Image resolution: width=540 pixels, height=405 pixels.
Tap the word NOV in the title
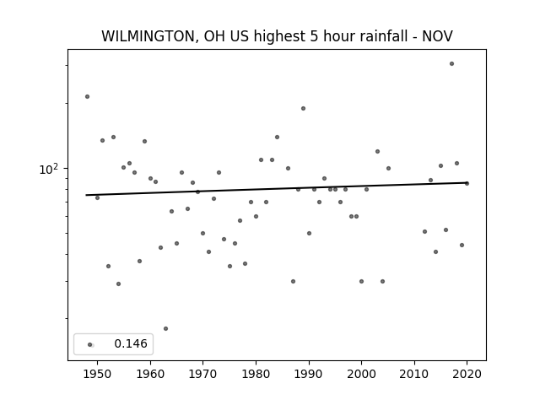click(437, 36)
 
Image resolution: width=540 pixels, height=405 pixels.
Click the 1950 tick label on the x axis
click(98, 374)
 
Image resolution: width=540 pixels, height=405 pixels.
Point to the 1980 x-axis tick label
click(256, 374)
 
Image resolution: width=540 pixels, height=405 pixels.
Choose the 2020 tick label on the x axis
click(467, 374)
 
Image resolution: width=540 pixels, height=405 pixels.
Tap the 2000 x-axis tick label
click(361, 374)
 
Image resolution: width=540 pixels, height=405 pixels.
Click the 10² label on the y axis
click(48, 169)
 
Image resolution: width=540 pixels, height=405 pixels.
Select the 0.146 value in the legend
click(131, 343)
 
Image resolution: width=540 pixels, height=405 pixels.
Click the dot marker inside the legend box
click(90, 345)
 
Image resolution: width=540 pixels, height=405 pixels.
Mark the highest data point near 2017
click(452, 64)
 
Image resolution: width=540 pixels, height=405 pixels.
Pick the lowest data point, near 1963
click(165, 328)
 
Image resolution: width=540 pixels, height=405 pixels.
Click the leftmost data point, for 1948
click(87, 97)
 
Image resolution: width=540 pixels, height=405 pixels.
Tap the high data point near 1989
click(303, 109)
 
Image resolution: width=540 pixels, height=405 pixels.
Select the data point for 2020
click(467, 184)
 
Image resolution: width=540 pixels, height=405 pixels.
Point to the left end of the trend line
click(86, 195)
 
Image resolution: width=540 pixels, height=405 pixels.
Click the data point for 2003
click(377, 152)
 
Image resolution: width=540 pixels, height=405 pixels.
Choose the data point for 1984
click(277, 137)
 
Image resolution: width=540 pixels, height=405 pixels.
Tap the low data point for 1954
click(118, 283)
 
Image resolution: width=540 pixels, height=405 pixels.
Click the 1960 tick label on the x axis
click(150, 374)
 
